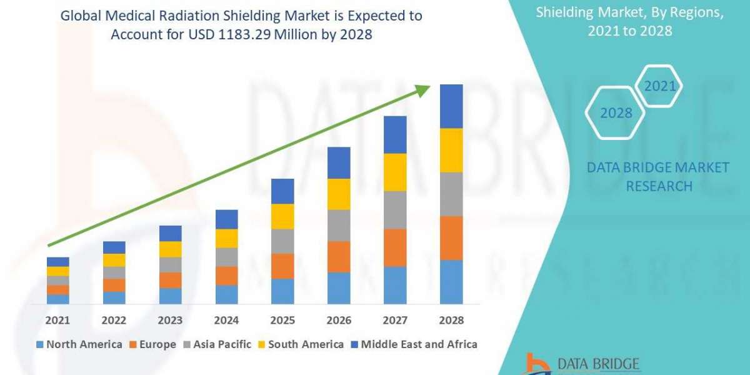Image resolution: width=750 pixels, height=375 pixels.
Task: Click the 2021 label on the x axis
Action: click(57, 320)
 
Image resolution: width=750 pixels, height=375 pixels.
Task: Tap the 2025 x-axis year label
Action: click(282, 320)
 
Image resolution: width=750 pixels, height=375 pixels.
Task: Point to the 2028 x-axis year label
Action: click(451, 320)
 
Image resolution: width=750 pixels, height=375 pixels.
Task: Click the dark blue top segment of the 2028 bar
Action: click(451, 106)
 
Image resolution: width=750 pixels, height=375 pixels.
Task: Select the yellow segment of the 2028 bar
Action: click(451, 150)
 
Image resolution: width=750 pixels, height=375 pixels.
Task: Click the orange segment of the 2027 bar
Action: click(395, 247)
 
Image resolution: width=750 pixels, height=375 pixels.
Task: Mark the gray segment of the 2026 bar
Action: click(339, 225)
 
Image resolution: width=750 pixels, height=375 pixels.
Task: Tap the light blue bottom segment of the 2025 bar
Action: click(282, 291)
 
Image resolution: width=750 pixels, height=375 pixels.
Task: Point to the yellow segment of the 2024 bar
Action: click(226, 238)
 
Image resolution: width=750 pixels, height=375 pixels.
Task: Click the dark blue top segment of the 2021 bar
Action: click(57, 261)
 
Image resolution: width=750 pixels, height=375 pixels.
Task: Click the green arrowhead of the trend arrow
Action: click(423, 91)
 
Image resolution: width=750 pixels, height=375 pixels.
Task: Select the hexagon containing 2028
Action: click(616, 113)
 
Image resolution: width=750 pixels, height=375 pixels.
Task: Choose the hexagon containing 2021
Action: click(659, 86)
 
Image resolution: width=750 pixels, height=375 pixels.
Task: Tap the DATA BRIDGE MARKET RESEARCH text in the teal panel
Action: click(658, 176)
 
